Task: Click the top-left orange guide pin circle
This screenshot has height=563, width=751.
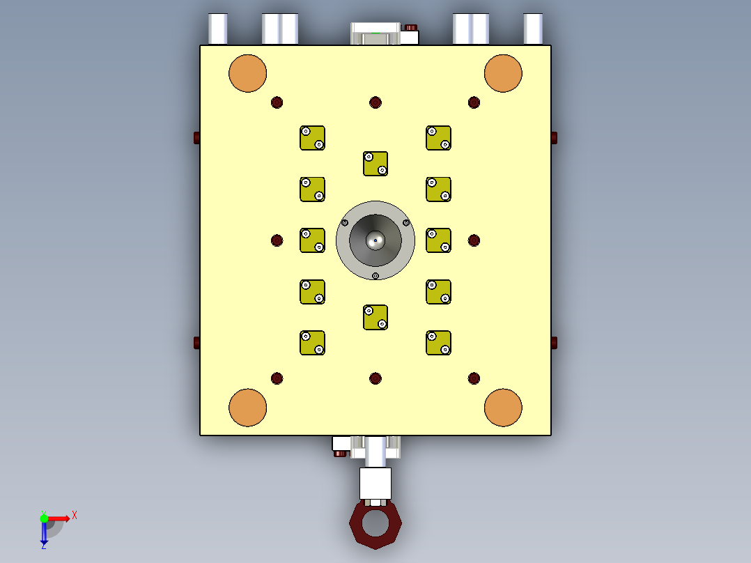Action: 248,73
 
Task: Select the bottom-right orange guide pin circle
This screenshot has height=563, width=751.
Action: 503,408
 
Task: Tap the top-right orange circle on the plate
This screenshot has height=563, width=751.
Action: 503,73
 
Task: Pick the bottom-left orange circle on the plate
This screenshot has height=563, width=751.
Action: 248,408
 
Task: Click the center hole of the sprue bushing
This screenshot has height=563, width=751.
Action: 375,240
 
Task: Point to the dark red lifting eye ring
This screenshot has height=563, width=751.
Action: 375,524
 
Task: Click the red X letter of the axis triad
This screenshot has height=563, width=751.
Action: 75,516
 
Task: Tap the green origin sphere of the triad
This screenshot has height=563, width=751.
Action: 44,518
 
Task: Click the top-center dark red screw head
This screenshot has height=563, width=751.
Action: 375,102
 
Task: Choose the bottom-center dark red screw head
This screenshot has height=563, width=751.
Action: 375,378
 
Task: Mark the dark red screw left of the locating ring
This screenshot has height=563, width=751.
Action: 277,240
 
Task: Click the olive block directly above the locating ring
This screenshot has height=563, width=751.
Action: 375,164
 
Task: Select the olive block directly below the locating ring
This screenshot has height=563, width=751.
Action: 375,317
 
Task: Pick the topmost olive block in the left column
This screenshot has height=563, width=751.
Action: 313,138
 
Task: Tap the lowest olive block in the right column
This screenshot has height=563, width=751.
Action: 438,343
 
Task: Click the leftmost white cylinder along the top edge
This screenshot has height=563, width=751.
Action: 217,29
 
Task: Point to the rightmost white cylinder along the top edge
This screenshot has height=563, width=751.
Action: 534,29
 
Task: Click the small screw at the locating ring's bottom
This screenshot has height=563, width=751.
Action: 375,276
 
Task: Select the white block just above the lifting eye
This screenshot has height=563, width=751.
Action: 375,482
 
